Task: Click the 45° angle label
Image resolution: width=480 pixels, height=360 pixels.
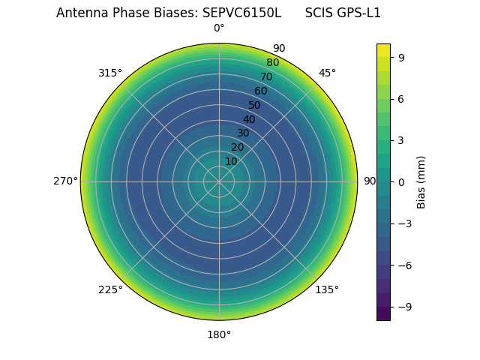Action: (x=327, y=73)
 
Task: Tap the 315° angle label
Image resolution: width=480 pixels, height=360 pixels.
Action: (x=110, y=73)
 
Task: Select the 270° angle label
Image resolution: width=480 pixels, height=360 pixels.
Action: (x=65, y=181)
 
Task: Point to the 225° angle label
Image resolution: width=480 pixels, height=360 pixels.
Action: (x=110, y=289)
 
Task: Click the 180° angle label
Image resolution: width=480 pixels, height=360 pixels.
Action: (x=219, y=334)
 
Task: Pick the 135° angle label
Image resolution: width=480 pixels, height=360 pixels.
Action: (x=327, y=289)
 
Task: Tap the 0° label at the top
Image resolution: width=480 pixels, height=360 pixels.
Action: (x=219, y=28)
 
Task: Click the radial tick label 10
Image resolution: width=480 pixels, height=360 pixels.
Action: (x=231, y=161)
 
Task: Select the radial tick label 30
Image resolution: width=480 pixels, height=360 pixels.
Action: (x=243, y=133)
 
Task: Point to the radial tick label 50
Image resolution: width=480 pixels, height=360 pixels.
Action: (x=255, y=105)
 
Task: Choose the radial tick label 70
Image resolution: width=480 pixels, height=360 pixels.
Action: (x=266, y=76)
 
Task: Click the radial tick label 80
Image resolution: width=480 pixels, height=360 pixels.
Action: (x=272, y=63)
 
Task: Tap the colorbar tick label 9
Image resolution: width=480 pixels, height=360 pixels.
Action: (x=401, y=57)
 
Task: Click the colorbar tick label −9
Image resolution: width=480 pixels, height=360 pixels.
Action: (x=404, y=307)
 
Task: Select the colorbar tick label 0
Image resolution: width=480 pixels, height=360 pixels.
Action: (x=401, y=181)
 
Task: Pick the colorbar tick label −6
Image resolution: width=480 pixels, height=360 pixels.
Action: (x=404, y=265)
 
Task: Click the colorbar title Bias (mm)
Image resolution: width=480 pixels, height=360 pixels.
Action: (x=421, y=181)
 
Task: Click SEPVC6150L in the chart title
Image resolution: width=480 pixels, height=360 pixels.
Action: (x=241, y=13)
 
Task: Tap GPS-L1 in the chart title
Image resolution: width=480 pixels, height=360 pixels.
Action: (x=358, y=13)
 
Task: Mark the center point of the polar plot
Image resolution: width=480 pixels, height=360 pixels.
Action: (x=219, y=181)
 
